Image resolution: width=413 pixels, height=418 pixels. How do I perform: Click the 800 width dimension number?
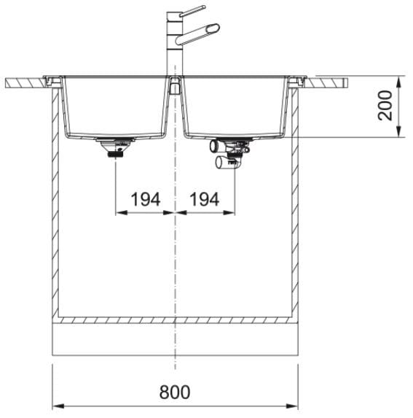coord(175,392)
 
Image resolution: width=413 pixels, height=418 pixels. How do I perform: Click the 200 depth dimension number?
coord(385,106)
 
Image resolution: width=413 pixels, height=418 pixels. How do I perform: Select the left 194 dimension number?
coord(146,199)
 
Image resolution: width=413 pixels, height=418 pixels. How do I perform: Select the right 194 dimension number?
coord(205,199)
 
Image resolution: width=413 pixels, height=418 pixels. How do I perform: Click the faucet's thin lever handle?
coord(192,11)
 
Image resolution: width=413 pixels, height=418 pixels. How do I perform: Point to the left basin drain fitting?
coord(115,147)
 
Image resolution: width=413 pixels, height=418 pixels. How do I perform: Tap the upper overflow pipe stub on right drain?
coord(214,146)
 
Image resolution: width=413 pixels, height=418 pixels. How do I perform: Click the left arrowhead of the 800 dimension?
coord(58,406)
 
